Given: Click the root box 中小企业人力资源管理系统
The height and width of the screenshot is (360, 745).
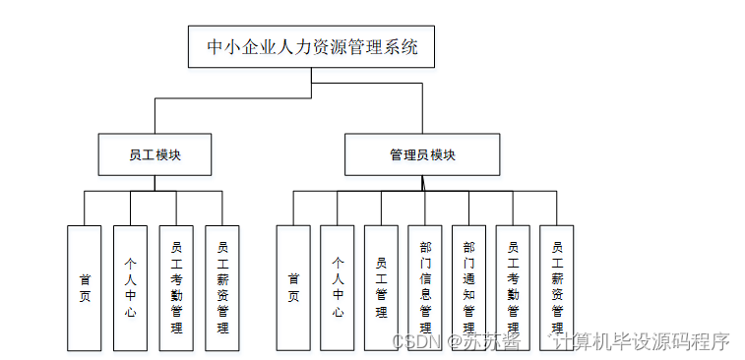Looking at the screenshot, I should [x=311, y=46].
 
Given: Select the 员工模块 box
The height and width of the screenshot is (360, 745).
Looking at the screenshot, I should [x=155, y=154].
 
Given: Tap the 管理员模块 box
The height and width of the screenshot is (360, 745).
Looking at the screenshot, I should [x=421, y=154].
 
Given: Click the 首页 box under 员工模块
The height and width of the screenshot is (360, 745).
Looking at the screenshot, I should [x=85, y=287].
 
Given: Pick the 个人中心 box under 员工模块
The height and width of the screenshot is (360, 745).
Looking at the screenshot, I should [x=130, y=287].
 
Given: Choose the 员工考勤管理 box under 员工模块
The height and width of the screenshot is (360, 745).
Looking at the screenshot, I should [x=176, y=287].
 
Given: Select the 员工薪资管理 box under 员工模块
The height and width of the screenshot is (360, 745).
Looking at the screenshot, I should [x=222, y=287].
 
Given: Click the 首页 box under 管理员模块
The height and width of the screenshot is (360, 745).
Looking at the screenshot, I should [x=293, y=287].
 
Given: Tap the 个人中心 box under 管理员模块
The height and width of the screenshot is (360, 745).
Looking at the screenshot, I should [x=337, y=287].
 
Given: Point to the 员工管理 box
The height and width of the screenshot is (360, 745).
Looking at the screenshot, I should [x=381, y=287].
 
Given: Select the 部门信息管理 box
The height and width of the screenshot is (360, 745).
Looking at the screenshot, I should [x=425, y=287].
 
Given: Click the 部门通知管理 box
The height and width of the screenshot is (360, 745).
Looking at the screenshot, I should [x=468, y=287].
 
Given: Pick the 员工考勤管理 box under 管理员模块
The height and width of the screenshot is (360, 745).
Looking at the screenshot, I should [x=513, y=287].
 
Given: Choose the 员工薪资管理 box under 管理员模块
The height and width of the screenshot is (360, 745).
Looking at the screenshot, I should [x=557, y=287].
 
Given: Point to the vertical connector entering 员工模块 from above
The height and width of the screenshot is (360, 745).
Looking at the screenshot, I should [x=155, y=115].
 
